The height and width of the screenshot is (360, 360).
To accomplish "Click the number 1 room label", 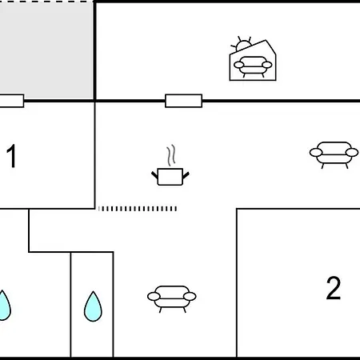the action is pyautogui.click(x=11, y=156).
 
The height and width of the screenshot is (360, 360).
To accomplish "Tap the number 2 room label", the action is pyautogui.click(x=334, y=288).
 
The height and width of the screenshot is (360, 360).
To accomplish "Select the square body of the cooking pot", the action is pyautogui.click(x=170, y=177).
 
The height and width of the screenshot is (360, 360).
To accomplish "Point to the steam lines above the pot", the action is pyautogui.click(x=171, y=155).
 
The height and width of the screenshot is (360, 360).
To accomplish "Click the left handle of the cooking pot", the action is pyautogui.click(x=154, y=175).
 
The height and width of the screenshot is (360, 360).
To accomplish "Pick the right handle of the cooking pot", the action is pyautogui.click(x=186, y=175).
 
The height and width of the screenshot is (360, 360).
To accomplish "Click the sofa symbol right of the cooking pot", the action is pyautogui.click(x=334, y=155).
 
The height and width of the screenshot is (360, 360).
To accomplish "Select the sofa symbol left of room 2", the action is pyautogui.click(x=172, y=299).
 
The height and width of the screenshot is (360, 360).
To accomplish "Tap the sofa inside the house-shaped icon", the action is pyautogui.click(x=253, y=66).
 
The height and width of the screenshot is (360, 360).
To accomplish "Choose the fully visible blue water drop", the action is pyautogui.click(x=93, y=306).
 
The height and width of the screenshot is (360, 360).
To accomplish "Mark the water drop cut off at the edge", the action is pyautogui.click(x=5, y=306).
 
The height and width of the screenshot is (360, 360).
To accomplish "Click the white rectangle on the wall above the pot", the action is pyautogui.click(x=183, y=101).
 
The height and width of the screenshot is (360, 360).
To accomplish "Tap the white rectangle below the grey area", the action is pyautogui.click(x=12, y=101).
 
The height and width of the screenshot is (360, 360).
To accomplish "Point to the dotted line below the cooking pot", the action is pyautogui.click(x=138, y=209).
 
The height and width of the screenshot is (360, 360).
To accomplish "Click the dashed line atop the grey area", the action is pyautogui.click(x=46, y=1).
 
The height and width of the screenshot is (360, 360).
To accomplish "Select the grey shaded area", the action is pyautogui.click(x=46, y=50).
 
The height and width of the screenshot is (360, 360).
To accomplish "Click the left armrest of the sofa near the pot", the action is pyautogui.click(x=316, y=153).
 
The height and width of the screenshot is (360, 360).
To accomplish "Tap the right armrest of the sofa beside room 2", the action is pyautogui.click(x=190, y=296).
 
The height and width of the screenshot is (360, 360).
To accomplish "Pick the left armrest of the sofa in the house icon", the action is pyautogui.click(x=238, y=65).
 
